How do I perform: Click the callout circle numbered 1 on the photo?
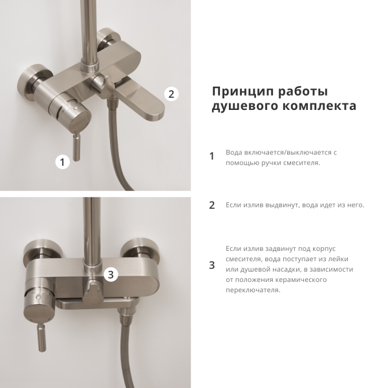tap(63, 162)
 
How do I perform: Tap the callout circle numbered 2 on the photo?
tap(171, 94)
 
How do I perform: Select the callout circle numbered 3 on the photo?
tap(111, 275)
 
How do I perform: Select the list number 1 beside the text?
tap(211, 156)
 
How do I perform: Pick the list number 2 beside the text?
tap(211, 206)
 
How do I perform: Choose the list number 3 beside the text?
tap(211, 265)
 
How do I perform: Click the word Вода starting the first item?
tap(234, 153)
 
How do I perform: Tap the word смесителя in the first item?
tap(302, 163)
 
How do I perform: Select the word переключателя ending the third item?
tap(253, 290)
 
